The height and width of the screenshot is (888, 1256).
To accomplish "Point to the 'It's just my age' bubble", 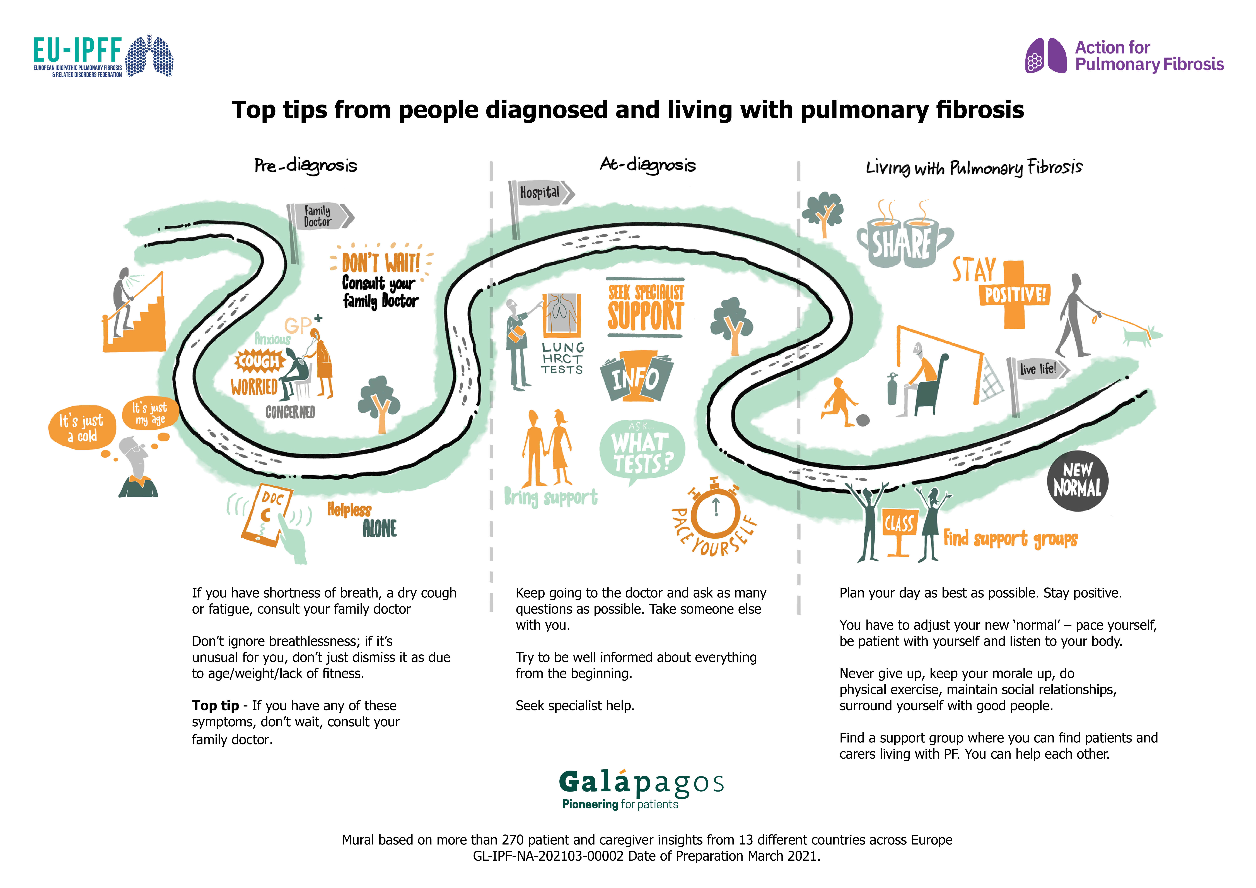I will pos(149,414).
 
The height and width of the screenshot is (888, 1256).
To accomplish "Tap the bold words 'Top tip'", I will pos(215,706).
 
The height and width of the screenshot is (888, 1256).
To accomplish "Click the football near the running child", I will pos(863,420).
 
